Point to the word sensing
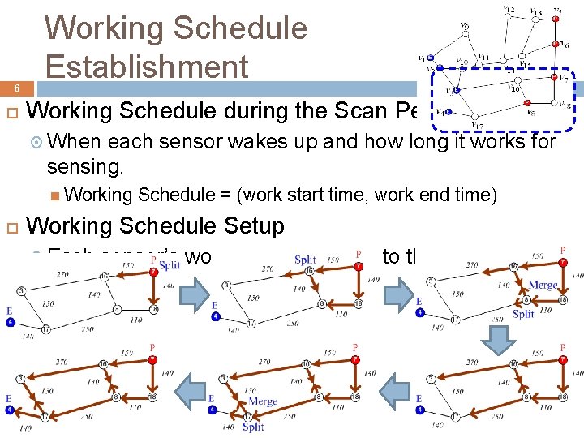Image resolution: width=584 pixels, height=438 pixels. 85,166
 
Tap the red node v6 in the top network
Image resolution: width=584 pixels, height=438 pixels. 556,45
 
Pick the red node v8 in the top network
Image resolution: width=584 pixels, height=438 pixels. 526,103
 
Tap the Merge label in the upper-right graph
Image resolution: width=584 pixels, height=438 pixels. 542,285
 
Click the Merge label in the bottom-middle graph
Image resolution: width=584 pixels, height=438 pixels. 263,401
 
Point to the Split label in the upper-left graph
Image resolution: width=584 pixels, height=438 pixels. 170,264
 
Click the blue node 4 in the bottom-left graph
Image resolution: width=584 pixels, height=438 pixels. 10,410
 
